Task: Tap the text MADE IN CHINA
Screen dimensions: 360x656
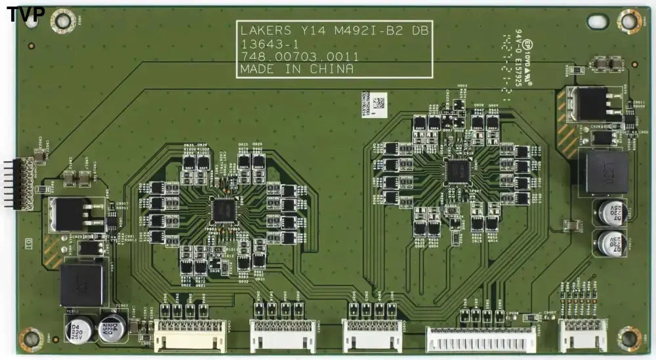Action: (x=297, y=69)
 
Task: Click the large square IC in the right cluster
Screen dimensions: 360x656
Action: (x=457, y=171)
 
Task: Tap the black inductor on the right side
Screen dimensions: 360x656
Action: (x=603, y=172)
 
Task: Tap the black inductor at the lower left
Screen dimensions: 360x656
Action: (x=81, y=285)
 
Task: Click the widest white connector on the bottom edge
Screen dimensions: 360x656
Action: (x=480, y=338)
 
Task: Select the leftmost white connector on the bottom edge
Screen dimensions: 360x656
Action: (x=190, y=334)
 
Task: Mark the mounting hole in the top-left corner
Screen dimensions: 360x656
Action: (x=62, y=20)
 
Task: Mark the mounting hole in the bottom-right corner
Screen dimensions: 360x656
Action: (x=628, y=338)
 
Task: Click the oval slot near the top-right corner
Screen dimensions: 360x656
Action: (x=597, y=21)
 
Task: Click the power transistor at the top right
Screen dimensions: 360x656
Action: (x=592, y=104)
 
